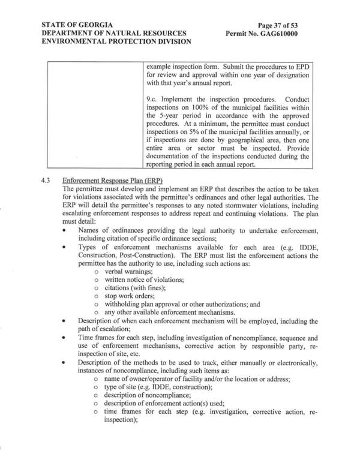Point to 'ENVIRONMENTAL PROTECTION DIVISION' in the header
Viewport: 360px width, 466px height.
click(117, 42)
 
